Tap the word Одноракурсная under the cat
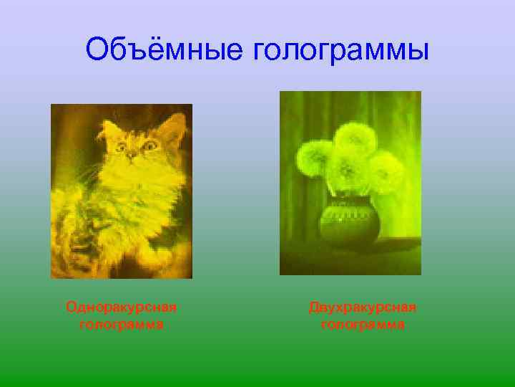(121, 307)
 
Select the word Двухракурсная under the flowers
(363, 307)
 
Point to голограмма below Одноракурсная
(121, 325)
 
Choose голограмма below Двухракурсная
(363, 325)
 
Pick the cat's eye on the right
(150, 145)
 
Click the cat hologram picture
(121, 191)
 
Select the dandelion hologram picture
(350, 183)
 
